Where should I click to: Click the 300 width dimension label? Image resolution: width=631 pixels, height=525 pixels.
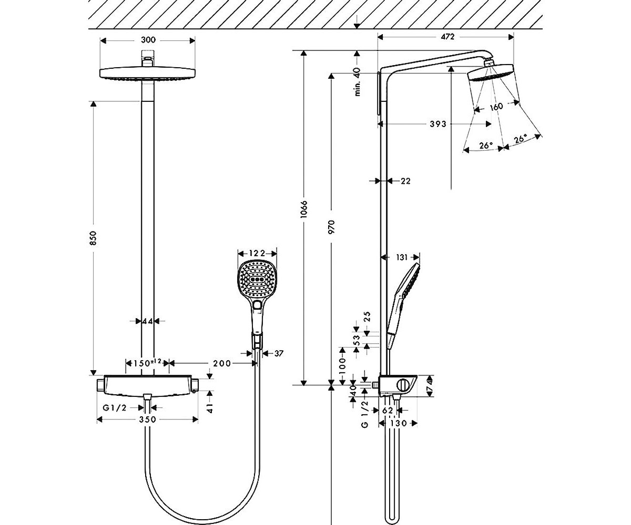click(148, 40)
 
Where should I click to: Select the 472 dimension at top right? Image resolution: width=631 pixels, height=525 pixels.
click(447, 37)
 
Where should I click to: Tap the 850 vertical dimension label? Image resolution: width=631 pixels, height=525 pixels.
click(94, 238)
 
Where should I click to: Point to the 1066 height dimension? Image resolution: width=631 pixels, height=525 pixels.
click(304, 209)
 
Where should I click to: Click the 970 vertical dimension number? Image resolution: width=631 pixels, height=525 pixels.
click(331, 227)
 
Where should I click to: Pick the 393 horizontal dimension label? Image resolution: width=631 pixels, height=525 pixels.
click(438, 124)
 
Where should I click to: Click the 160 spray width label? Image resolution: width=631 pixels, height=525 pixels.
click(496, 107)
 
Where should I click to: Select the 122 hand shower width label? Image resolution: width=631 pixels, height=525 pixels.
click(257, 253)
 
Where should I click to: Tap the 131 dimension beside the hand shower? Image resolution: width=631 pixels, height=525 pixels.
click(402, 257)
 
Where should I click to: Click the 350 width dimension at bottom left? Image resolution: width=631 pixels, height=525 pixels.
click(148, 419)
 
